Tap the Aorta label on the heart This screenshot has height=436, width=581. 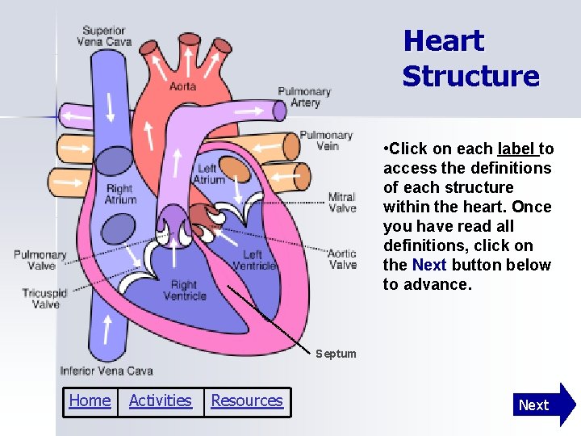point(182,86)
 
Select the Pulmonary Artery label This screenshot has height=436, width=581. point(304,97)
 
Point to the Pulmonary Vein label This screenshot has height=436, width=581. point(326,140)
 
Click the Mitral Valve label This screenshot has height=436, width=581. point(342,203)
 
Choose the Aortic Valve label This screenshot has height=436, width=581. point(342,259)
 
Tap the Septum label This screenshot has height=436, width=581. point(336,354)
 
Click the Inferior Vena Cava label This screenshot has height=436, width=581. point(107,371)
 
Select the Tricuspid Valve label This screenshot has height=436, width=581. point(44,299)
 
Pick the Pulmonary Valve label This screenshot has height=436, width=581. point(40,260)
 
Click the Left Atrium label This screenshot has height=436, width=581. point(210,174)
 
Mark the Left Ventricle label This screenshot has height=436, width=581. point(259,261)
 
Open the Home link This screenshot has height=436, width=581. point(90,400)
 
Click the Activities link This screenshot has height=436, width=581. point(160,400)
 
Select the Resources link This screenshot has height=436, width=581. point(247,400)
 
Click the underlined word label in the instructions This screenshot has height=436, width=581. point(516,149)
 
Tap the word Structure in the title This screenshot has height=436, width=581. point(470,77)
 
